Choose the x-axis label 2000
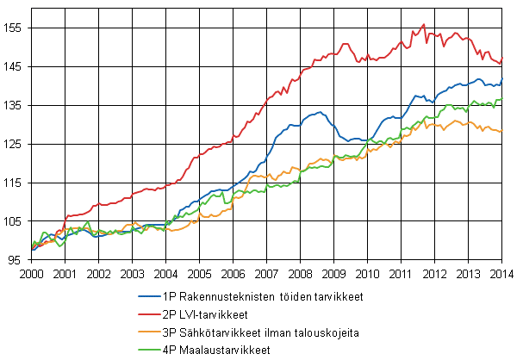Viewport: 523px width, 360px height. pyautogui.click(x=31, y=274)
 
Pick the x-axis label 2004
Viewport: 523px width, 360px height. pyautogui.click(x=165, y=274)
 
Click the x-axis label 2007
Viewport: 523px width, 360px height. pyautogui.click(x=265, y=274)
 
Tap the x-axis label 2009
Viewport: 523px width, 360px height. pyautogui.click(x=333, y=274)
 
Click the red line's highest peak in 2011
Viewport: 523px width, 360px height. pyautogui.click(x=423, y=25)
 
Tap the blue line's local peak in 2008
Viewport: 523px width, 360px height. pyautogui.click(x=320, y=112)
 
